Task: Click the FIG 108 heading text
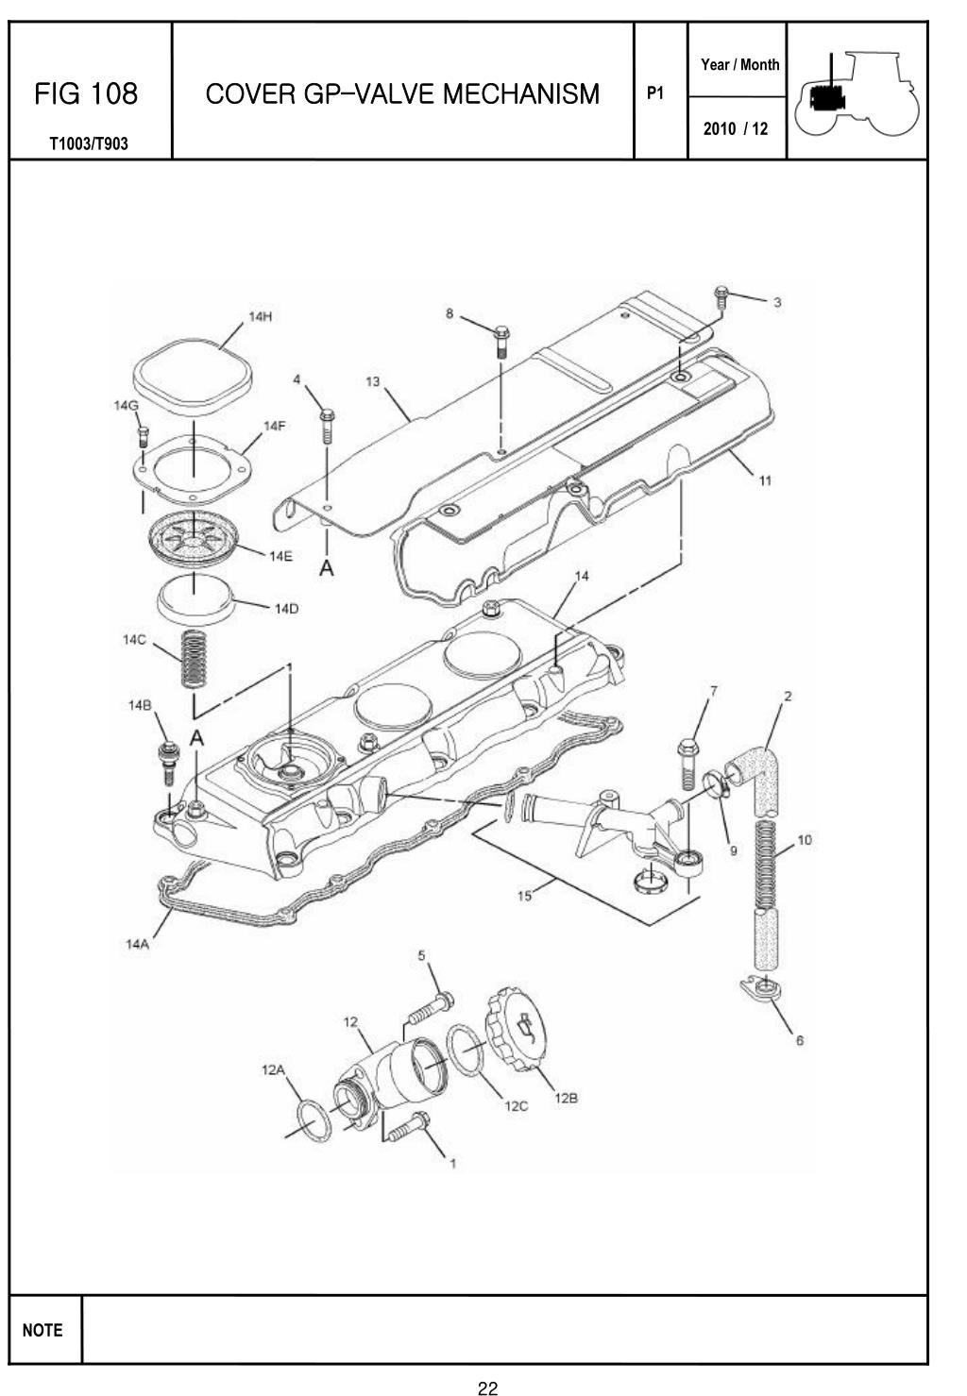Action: [86, 94]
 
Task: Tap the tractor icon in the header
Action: [857, 93]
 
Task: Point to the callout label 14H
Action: [260, 316]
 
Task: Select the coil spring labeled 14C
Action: [194, 658]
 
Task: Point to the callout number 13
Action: [372, 381]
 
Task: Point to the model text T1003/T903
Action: [89, 144]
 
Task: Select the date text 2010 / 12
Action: [736, 129]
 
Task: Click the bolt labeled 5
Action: [431, 1010]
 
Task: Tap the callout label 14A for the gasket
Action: [137, 944]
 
